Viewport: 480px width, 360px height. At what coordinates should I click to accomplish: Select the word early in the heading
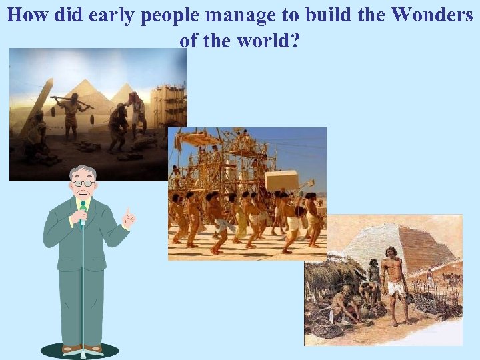[x=117, y=15]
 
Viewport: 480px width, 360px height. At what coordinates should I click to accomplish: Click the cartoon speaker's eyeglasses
[x=83, y=183]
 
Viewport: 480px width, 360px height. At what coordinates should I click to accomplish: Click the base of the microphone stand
[x=80, y=350]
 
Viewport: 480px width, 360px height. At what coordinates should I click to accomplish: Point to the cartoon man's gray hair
[x=83, y=172]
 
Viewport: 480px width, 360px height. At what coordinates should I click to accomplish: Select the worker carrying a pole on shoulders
[x=71, y=113]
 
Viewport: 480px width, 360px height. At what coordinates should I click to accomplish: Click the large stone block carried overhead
[x=281, y=180]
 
